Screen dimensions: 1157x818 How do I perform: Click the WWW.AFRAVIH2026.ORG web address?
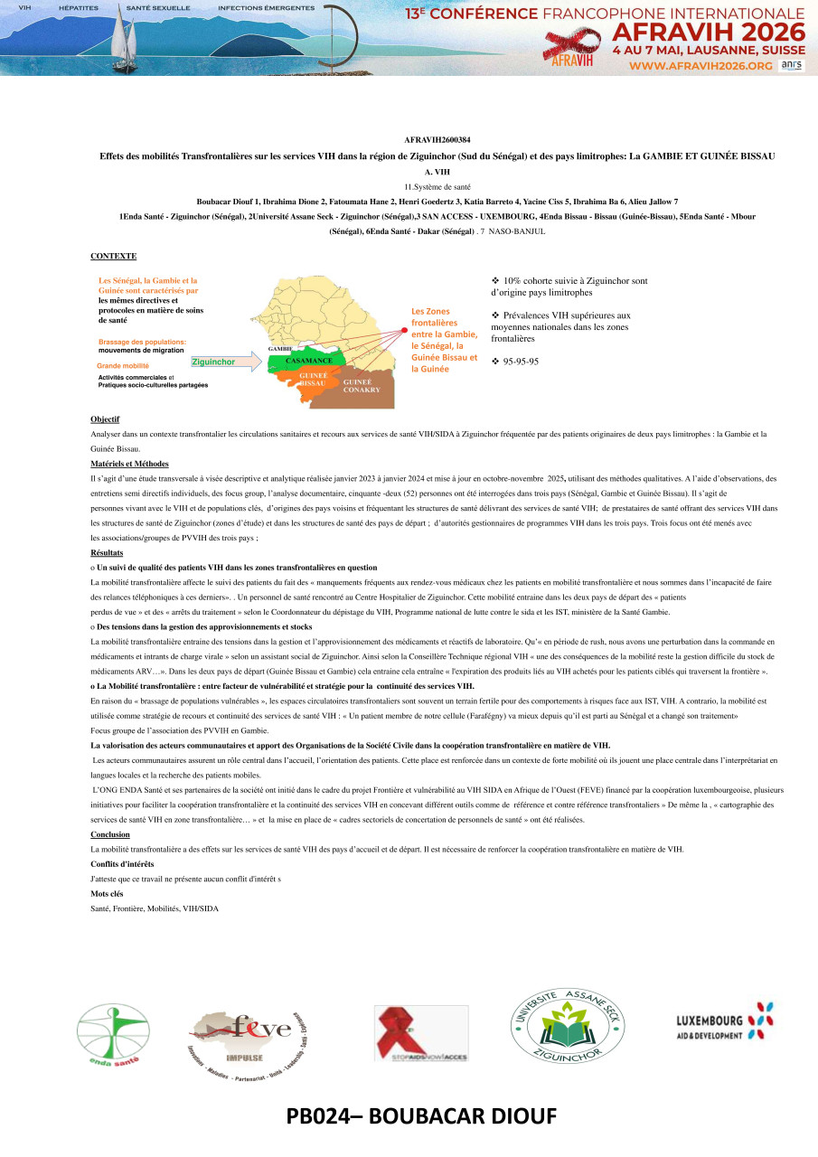point(700,66)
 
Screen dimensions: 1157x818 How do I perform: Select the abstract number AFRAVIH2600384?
point(437,140)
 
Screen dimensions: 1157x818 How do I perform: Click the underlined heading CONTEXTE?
point(113,256)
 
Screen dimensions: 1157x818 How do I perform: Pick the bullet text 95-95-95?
point(521,361)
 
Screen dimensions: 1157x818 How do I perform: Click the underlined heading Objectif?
point(105,420)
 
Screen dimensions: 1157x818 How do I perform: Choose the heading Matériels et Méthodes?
point(124,463)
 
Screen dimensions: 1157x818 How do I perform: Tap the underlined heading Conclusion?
point(110,834)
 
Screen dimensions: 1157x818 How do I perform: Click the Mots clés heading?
point(107,893)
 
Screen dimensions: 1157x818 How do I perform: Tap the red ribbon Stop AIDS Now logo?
point(420,1033)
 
